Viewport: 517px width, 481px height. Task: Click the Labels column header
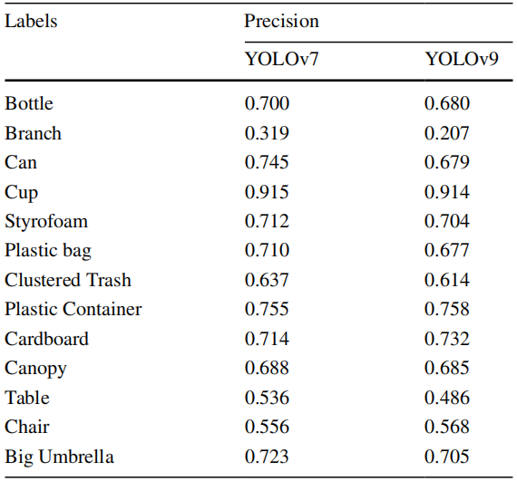(31, 21)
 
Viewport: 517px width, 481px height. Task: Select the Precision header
(281, 21)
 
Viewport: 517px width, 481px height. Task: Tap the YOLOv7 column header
(281, 59)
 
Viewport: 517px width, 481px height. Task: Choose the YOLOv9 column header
(462, 59)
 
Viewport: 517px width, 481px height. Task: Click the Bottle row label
(29, 103)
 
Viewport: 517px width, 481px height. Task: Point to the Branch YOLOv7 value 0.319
(267, 133)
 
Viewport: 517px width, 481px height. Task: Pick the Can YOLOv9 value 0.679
(447, 162)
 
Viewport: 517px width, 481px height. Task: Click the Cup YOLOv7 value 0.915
(267, 192)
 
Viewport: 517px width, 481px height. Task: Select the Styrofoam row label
(46, 221)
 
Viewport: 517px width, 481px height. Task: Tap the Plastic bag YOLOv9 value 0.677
(447, 250)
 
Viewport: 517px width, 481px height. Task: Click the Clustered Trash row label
(68, 280)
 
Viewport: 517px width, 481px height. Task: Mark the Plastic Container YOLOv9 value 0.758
(447, 309)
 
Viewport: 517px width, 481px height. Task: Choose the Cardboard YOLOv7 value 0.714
(267, 339)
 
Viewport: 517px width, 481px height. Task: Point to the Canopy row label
(35, 369)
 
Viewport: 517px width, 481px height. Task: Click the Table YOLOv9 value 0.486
(447, 398)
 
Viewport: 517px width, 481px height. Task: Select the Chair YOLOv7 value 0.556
(267, 427)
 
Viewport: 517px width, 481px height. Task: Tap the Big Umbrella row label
(59, 457)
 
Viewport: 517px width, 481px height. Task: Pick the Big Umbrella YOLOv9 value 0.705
(447, 457)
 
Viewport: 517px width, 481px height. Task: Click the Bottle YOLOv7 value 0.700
(267, 103)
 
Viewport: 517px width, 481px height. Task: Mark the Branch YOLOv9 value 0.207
(447, 133)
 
